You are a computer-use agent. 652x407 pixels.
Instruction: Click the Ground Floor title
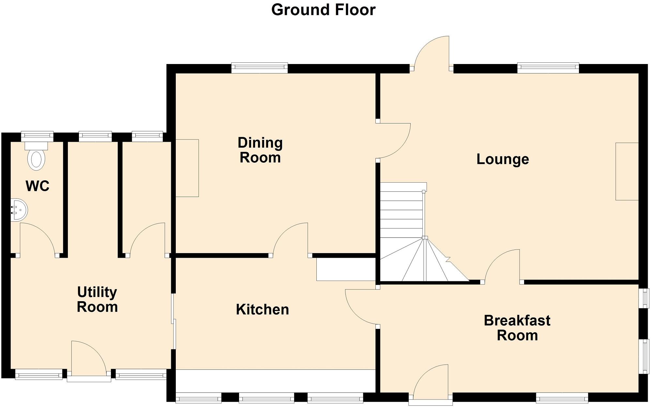(x=323, y=10)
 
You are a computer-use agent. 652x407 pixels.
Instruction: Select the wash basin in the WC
(x=19, y=210)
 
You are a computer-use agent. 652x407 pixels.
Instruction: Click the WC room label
(x=38, y=186)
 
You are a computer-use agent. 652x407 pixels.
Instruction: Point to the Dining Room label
(x=260, y=150)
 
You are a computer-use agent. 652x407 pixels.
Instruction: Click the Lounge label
(x=502, y=159)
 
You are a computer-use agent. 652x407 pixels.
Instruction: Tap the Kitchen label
(x=262, y=309)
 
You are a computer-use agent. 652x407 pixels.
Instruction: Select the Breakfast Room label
(x=517, y=328)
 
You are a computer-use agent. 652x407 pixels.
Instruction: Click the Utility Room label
(x=97, y=299)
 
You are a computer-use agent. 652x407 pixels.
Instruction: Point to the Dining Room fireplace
(x=187, y=168)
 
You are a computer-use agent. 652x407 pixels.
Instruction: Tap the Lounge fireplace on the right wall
(x=627, y=171)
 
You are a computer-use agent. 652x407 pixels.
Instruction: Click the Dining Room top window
(x=260, y=68)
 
